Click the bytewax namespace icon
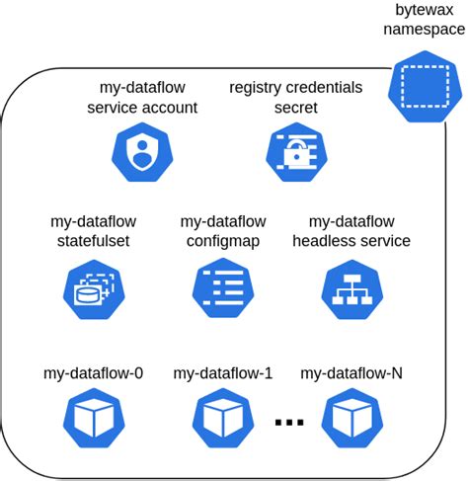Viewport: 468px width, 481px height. pos(424,87)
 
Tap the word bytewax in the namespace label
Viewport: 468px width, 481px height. pos(424,10)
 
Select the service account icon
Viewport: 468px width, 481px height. pos(142,151)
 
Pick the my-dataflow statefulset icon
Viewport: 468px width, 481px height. pos(94,286)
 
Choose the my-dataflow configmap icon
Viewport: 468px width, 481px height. pos(223,286)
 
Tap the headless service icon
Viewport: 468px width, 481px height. pos(351,286)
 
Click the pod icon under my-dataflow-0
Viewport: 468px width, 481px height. pos(94,418)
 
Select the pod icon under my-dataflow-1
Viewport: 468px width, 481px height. pos(223,418)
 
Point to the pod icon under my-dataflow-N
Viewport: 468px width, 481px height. pos(351,418)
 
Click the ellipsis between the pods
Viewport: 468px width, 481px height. pos(288,424)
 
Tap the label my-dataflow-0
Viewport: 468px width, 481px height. pos(94,373)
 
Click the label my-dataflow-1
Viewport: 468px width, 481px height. pos(223,373)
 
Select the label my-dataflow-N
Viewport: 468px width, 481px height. pos(351,373)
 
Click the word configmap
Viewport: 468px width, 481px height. pos(223,241)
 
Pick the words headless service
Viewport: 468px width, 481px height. pos(351,241)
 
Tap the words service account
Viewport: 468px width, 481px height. pos(142,108)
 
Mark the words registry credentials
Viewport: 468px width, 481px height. pos(296,88)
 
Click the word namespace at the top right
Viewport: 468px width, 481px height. pos(424,30)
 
